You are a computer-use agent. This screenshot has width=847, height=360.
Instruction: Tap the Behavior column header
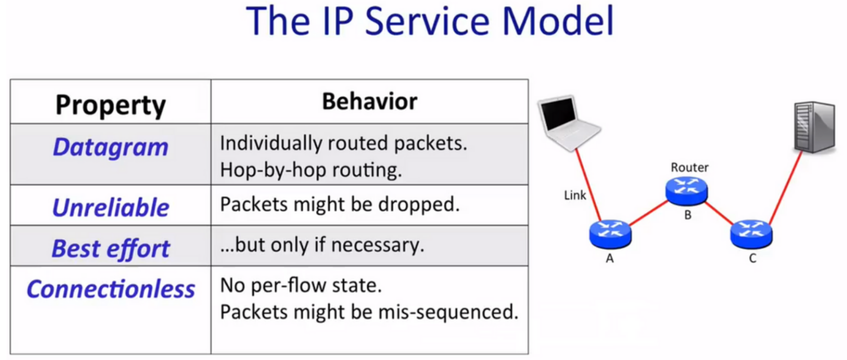click(x=369, y=101)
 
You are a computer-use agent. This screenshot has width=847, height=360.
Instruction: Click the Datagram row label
click(x=110, y=147)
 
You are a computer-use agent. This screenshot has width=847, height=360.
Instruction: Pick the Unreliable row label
click(x=110, y=207)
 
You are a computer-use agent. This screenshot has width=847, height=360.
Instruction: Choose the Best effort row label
click(x=110, y=248)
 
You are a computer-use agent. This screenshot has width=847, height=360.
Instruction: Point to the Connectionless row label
click(x=110, y=289)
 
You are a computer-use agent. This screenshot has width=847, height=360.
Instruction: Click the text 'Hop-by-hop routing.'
click(x=311, y=171)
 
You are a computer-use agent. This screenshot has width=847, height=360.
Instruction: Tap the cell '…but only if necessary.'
click(x=322, y=245)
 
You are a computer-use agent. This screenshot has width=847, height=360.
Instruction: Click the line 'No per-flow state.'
click(x=301, y=286)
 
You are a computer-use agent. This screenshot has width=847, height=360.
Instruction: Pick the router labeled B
click(x=686, y=191)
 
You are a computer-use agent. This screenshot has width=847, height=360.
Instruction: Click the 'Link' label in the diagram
click(x=575, y=195)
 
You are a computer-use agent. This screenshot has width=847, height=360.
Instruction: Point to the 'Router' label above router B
click(x=689, y=167)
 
